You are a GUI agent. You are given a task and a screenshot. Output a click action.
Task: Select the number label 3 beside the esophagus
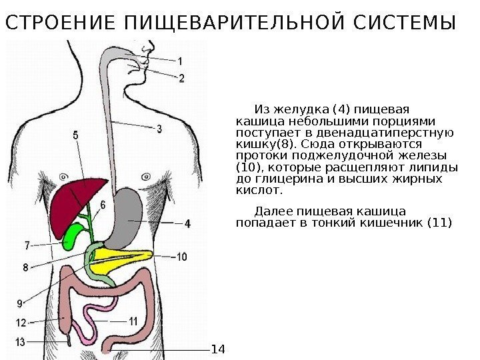point(159,129)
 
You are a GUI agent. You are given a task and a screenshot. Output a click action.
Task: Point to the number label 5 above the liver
point(75,135)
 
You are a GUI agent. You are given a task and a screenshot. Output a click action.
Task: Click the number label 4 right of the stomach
point(188,224)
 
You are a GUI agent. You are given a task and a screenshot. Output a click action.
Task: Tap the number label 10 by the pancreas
point(182,256)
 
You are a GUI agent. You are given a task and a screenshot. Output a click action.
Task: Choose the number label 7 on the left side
point(27,245)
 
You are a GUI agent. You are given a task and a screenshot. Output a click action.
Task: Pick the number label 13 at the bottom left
point(21,342)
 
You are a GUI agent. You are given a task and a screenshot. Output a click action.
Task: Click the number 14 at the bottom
point(219,349)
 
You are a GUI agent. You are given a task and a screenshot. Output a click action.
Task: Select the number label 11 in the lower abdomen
point(133,321)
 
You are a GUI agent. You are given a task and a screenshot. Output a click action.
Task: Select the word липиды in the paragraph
point(436,167)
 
